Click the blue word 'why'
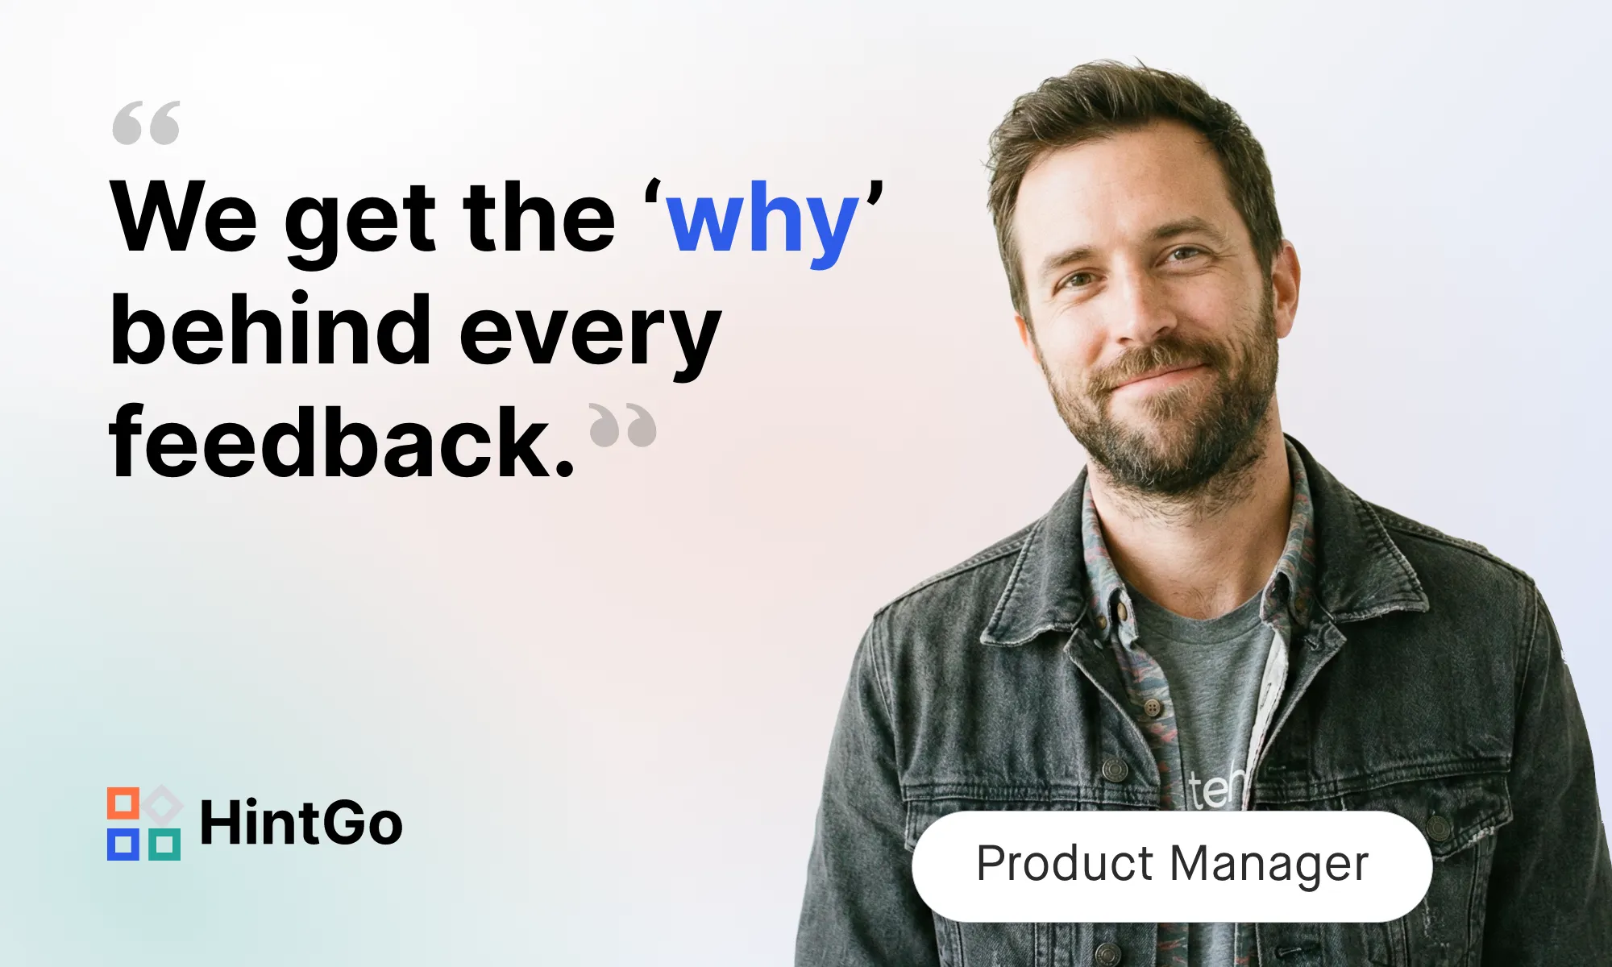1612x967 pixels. click(763, 222)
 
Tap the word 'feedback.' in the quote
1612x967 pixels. click(342, 441)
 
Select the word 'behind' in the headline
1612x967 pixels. click(271, 329)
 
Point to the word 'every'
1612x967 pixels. click(590, 338)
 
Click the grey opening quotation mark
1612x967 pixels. click(146, 122)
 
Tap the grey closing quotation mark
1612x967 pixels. click(623, 424)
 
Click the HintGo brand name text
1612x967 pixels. click(301, 823)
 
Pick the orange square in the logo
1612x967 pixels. click(123, 803)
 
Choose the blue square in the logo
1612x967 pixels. click(123, 844)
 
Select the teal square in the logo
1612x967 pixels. click(164, 844)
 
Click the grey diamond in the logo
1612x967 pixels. click(164, 803)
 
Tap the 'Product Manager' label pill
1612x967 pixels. click(1172, 866)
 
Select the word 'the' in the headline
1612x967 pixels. click(538, 215)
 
